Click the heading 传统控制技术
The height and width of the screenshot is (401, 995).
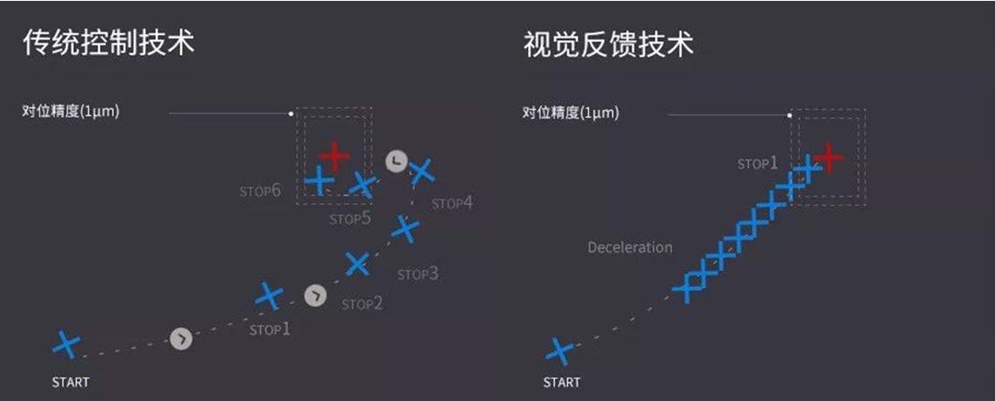click(x=109, y=43)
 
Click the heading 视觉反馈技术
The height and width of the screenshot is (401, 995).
click(x=609, y=43)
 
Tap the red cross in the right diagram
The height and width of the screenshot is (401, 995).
click(x=828, y=157)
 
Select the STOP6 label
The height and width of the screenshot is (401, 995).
click(x=260, y=190)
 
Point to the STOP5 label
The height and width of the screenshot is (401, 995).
click(x=350, y=219)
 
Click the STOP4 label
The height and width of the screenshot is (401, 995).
click(x=452, y=204)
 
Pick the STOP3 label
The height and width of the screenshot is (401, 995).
click(x=417, y=274)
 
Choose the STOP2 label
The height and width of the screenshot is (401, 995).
click(x=363, y=304)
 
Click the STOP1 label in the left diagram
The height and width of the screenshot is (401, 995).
click(x=270, y=330)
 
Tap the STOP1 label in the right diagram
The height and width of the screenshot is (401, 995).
click(x=757, y=163)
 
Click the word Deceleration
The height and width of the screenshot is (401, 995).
click(x=630, y=247)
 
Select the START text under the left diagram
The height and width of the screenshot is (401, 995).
click(x=70, y=383)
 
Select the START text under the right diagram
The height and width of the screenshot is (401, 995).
click(x=562, y=383)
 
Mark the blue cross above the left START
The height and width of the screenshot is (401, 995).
click(x=66, y=344)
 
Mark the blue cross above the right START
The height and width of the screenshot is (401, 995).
click(x=559, y=351)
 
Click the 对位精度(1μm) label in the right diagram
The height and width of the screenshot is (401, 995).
click(x=571, y=113)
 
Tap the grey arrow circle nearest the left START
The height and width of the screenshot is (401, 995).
click(x=181, y=339)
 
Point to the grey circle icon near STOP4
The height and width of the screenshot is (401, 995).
click(x=396, y=162)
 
